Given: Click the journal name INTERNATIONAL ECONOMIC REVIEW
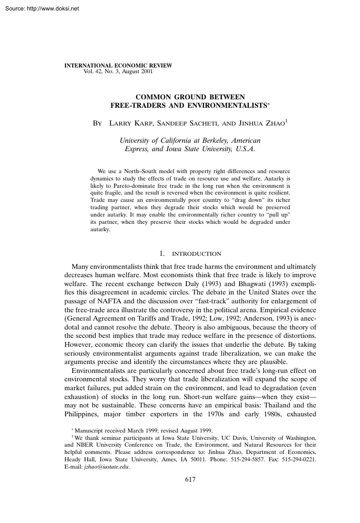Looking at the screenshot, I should tap(118, 65).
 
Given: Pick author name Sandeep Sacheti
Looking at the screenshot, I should tap(186, 124).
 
